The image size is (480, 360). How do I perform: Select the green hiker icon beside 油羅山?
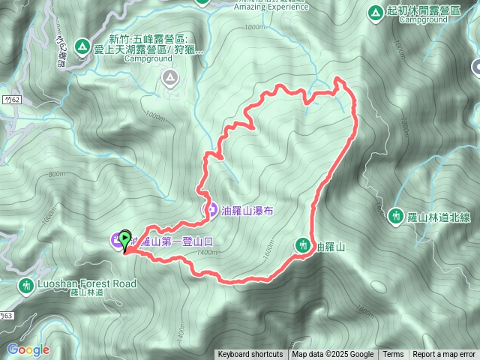(302, 244)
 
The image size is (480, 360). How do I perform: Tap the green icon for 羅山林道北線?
(396, 217)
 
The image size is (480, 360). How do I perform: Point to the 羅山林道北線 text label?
(439, 217)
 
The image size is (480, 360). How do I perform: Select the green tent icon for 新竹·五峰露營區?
(81, 46)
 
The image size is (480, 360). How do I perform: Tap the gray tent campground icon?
(171, 76)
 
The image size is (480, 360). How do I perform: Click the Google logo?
(28, 349)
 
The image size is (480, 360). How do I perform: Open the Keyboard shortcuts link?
(250, 355)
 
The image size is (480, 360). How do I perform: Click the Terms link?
(393, 355)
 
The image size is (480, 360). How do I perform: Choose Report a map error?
(444, 355)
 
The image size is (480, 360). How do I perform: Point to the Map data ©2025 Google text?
(332, 355)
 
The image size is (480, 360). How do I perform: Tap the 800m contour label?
(56, 174)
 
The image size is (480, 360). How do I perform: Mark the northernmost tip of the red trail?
(337, 78)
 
